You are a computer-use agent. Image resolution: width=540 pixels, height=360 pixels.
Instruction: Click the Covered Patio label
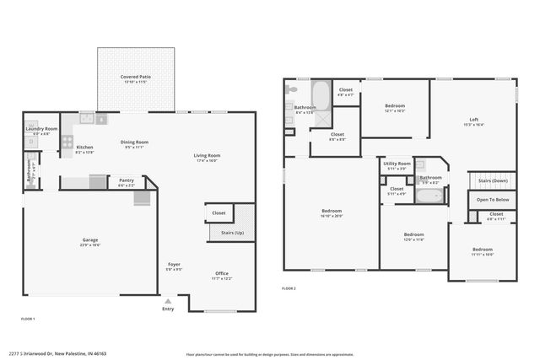click(x=135, y=77)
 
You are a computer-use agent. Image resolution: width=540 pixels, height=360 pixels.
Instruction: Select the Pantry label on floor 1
click(x=126, y=180)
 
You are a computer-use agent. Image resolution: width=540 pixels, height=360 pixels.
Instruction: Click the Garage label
click(x=90, y=241)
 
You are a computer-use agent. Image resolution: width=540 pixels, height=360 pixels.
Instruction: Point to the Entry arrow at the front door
click(x=167, y=301)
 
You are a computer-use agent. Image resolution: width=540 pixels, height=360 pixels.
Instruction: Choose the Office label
click(x=222, y=273)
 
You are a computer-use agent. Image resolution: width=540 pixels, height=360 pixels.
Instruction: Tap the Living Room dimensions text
click(x=206, y=160)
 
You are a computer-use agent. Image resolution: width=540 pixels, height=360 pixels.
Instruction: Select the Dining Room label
click(x=135, y=142)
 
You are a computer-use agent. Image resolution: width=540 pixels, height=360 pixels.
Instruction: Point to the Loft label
click(x=472, y=120)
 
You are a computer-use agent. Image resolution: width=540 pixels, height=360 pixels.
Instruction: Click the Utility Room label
click(x=397, y=164)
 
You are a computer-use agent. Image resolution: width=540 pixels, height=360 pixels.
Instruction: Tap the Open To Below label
click(x=492, y=200)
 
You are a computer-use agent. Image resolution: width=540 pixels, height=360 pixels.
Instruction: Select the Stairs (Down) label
click(x=493, y=180)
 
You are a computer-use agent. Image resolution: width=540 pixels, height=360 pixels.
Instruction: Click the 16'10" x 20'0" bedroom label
click(x=331, y=211)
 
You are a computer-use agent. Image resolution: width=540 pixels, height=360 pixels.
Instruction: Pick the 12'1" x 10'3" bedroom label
click(x=395, y=106)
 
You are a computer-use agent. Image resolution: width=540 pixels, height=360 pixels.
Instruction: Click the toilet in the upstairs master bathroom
click(x=290, y=89)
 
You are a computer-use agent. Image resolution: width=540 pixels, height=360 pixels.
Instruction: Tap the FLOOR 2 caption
click(x=289, y=288)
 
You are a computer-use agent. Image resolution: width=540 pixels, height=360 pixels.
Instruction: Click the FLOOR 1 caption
click(x=28, y=319)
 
